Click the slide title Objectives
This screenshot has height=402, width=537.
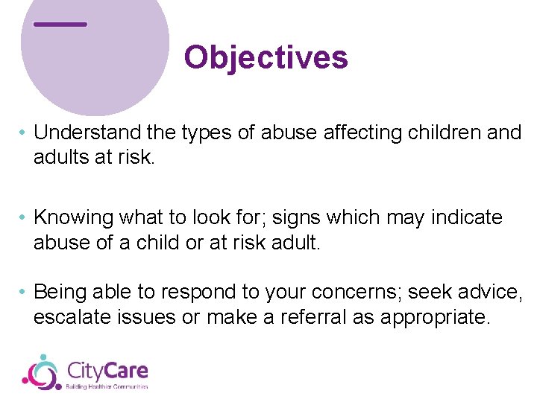coord(266,57)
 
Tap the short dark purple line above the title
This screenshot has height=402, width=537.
coord(60,24)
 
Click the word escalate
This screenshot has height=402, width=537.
coord(72,317)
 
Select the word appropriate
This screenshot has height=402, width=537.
coord(436,317)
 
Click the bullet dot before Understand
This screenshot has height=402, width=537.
coord(24,133)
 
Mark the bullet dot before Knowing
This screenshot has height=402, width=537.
coord(24,218)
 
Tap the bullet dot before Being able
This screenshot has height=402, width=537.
coord(24,292)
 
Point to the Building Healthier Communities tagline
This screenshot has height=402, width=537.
coord(107,386)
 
